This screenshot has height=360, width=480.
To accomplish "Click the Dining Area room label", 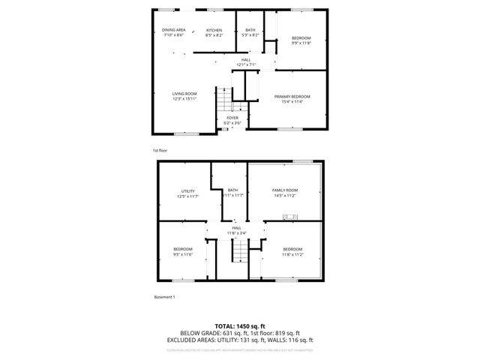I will pos(173,30).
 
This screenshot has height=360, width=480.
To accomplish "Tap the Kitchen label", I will pos(214,30).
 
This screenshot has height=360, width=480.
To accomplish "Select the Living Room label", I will pos(184,94).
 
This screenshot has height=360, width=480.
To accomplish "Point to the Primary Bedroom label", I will pos(292,96).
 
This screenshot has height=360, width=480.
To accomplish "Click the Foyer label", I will pos(232,118).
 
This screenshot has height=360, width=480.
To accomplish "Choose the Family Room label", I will pos(285,190).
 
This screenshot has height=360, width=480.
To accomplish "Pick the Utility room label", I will pos(187,191).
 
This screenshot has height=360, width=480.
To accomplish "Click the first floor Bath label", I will pos(250,30).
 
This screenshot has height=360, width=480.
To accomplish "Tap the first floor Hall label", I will pos(246,60).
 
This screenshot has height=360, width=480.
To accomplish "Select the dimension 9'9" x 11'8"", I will pos(301,43).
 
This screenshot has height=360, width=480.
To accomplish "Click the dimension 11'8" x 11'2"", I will pos(292,254).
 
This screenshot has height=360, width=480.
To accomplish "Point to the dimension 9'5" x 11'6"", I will pos(184,254).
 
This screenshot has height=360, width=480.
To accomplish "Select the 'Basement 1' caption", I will pos(164,298).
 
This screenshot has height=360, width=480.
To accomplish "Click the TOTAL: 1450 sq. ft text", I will pos(240,325).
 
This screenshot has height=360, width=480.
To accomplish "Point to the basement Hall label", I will pos(236,228).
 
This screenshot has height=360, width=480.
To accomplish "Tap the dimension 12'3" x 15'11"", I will pos(184,99).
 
